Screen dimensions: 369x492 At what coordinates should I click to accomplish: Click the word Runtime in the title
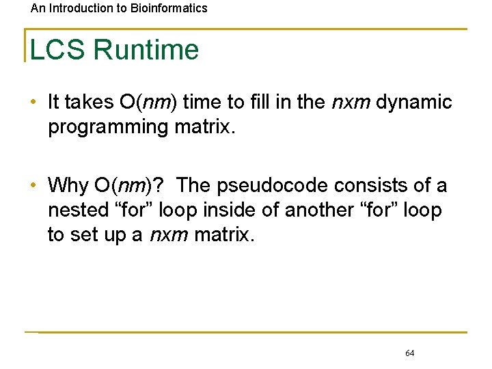[146, 50]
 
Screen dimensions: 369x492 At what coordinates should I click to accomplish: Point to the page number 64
[409, 353]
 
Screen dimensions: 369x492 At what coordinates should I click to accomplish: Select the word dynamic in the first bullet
[414, 102]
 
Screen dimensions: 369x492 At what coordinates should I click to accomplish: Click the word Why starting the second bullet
[68, 185]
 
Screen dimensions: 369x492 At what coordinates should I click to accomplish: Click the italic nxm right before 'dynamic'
[351, 102]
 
